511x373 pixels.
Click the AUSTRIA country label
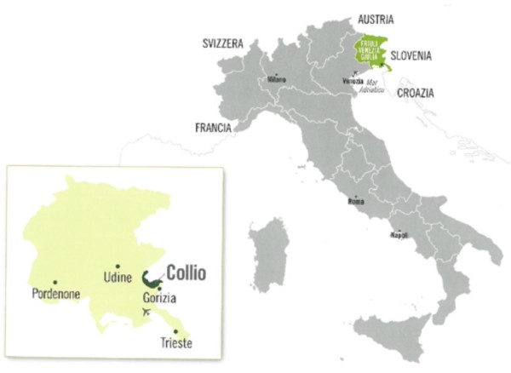coord(361,17)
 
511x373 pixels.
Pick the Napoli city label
coord(399,233)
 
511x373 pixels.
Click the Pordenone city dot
coord(55,282)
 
